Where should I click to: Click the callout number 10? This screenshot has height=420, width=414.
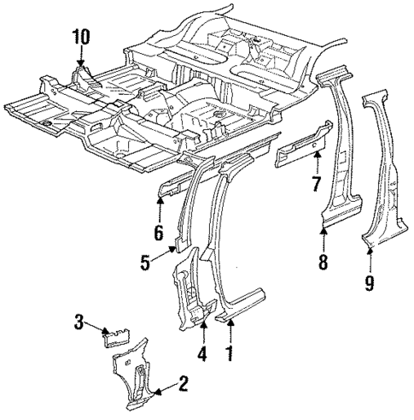(x=79, y=38)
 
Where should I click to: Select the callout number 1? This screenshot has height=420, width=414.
(x=227, y=351)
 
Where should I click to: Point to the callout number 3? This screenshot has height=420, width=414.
(x=78, y=323)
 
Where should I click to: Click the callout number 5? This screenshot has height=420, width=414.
(x=146, y=263)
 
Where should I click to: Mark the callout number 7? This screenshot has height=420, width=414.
(x=315, y=184)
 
